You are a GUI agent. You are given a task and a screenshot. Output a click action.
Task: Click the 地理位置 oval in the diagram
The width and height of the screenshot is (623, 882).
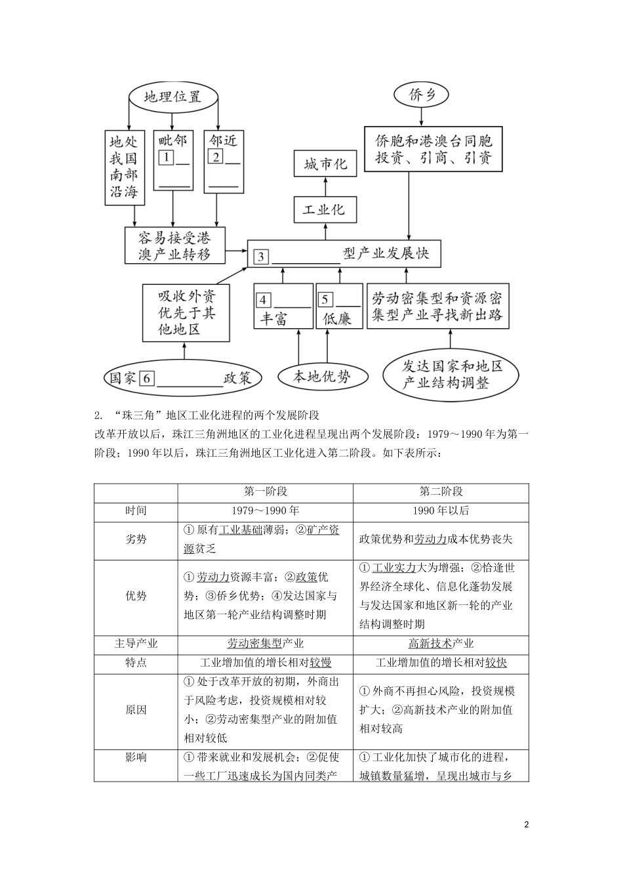[x=172, y=97]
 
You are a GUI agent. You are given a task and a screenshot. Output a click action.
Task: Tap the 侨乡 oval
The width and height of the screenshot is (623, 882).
[x=422, y=95]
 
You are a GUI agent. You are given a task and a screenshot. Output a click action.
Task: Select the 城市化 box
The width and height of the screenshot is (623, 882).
[x=325, y=164]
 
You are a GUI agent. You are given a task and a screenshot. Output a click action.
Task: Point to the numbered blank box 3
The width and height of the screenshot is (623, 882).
[x=261, y=256]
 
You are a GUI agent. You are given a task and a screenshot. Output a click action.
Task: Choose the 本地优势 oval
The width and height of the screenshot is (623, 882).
[x=321, y=376]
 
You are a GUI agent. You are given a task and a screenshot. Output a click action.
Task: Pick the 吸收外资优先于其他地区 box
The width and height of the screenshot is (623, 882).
[x=186, y=312]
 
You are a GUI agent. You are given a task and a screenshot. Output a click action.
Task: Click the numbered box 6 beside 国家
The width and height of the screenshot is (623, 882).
[x=147, y=379]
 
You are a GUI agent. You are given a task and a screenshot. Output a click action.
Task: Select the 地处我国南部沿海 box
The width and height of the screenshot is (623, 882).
[x=123, y=167]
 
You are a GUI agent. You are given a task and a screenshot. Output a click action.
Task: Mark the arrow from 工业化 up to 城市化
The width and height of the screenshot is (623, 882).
[x=325, y=187]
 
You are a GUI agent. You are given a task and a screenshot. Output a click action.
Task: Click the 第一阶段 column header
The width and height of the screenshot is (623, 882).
[x=265, y=492]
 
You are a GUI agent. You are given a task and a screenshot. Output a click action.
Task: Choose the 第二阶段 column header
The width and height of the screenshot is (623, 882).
[x=441, y=492]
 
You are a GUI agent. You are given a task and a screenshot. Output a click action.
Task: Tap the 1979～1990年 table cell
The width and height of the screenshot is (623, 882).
[x=265, y=511]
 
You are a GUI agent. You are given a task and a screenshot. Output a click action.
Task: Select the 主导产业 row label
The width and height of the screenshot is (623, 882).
[x=136, y=644]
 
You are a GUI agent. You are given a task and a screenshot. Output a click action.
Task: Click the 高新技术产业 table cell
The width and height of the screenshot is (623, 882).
[x=441, y=644]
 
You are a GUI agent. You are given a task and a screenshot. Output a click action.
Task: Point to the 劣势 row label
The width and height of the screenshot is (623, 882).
[x=136, y=539]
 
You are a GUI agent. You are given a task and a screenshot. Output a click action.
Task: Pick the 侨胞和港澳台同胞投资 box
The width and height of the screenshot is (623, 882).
[x=433, y=150]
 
